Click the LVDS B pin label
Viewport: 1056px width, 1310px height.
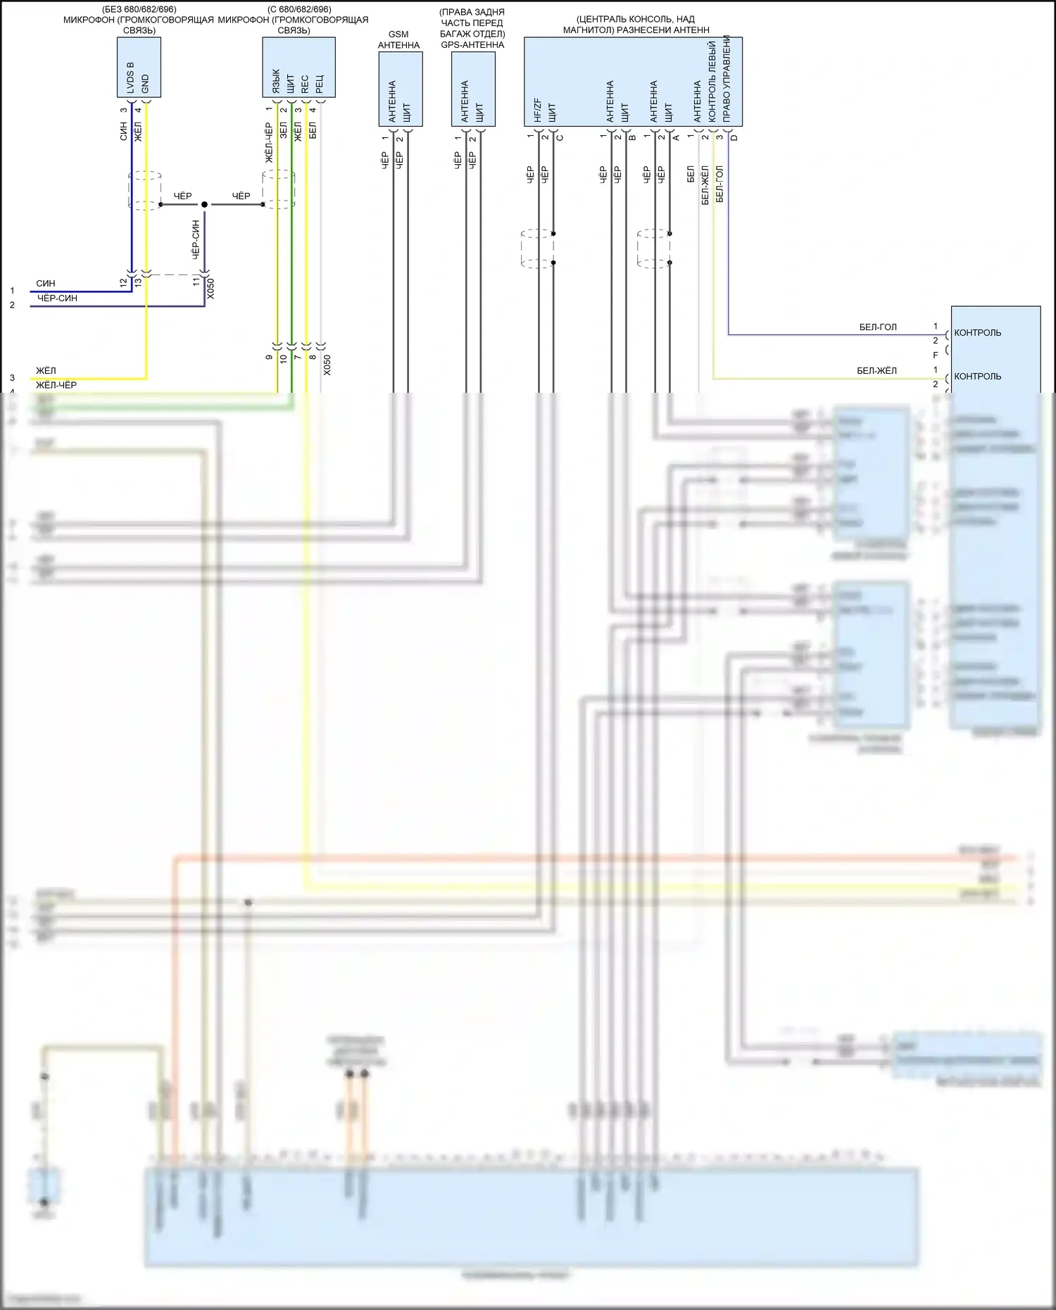pos(130,77)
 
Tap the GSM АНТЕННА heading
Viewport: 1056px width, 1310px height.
pos(398,39)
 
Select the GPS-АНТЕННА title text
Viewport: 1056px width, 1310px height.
pos(472,44)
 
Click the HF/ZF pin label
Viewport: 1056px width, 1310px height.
pos(537,110)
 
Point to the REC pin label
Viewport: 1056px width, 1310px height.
pos(305,84)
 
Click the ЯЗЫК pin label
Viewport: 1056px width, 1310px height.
pos(275,82)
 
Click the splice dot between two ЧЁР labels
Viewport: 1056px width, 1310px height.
pos(204,204)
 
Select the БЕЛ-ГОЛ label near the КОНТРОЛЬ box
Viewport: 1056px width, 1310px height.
pos(878,327)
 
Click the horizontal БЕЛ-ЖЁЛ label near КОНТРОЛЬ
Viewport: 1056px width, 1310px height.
pos(876,371)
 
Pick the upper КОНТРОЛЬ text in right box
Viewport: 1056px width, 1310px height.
pos(977,333)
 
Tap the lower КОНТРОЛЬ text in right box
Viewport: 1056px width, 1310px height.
pos(977,377)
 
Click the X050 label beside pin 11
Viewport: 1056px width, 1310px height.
pos(210,289)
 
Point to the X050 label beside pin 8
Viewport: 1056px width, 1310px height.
pos(327,365)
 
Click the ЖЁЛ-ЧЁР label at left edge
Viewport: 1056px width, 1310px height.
pos(56,385)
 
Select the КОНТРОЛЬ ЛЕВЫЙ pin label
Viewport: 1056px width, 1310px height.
pos(712,81)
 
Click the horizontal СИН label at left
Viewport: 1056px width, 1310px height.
pos(46,284)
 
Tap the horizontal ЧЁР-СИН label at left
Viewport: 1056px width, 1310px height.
pos(57,298)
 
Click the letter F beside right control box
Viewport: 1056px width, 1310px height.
pos(936,355)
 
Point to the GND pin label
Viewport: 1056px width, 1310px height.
pos(145,84)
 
